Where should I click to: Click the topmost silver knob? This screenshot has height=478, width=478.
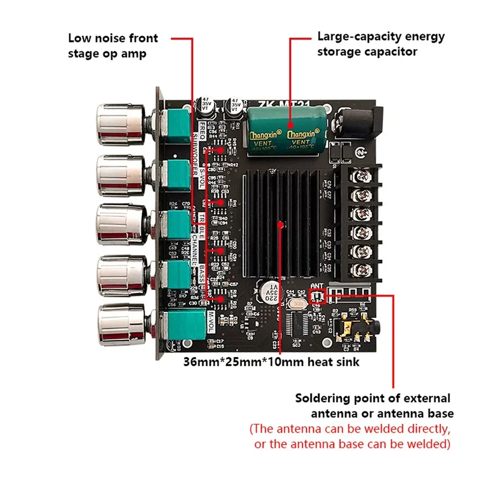click(x=119, y=125)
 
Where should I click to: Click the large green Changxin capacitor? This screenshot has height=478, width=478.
click(x=286, y=129)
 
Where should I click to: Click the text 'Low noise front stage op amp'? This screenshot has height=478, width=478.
click(x=113, y=45)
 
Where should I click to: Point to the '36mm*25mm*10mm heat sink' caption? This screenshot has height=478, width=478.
click(x=271, y=362)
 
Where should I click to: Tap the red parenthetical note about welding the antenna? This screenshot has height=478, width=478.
click(x=351, y=436)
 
